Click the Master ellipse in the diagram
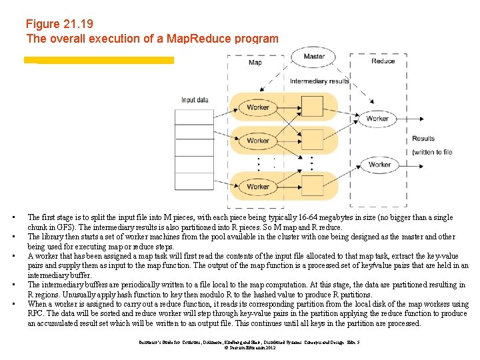click(314, 57)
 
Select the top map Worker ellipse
click(258, 107)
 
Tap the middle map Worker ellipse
click(258, 141)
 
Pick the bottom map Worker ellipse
click(258, 186)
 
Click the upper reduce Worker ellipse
click(377, 119)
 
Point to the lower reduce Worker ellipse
click(379, 164)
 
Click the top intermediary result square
click(311, 107)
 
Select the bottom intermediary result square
click(311, 186)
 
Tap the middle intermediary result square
click(311, 141)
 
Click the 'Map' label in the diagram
click(255, 63)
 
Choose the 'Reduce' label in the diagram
click(383, 61)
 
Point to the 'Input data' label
click(195, 100)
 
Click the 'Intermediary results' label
click(319, 81)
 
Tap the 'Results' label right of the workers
click(423, 139)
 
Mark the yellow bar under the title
click(99, 60)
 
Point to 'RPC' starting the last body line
click(36, 313)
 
